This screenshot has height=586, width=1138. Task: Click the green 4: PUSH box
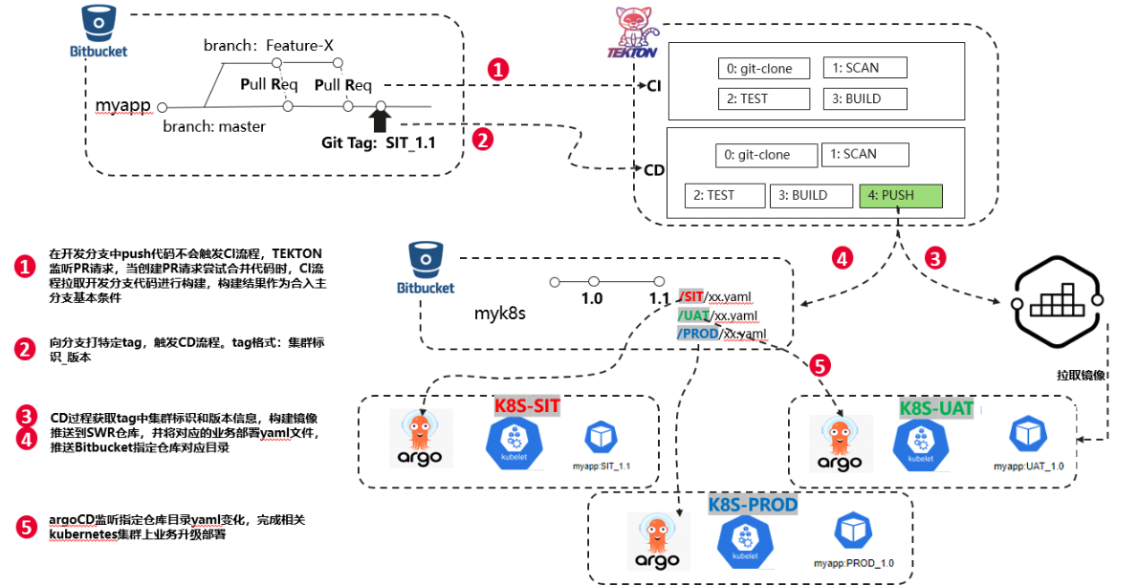click(900, 196)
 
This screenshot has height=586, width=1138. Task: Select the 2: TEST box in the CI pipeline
click(764, 98)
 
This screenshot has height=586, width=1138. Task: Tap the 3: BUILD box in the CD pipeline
click(808, 196)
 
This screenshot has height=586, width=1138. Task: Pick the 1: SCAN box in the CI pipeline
click(864, 68)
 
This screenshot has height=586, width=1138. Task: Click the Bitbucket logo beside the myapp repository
click(97, 31)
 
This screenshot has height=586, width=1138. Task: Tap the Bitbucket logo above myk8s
click(424, 267)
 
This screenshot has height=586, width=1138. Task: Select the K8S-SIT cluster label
click(526, 405)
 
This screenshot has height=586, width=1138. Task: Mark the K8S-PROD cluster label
click(753, 504)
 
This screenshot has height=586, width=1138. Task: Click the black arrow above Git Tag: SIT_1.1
click(380, 119)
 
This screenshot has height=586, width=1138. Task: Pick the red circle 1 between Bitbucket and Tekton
click(498, 69)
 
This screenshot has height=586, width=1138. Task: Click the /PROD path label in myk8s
click(697, 334)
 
